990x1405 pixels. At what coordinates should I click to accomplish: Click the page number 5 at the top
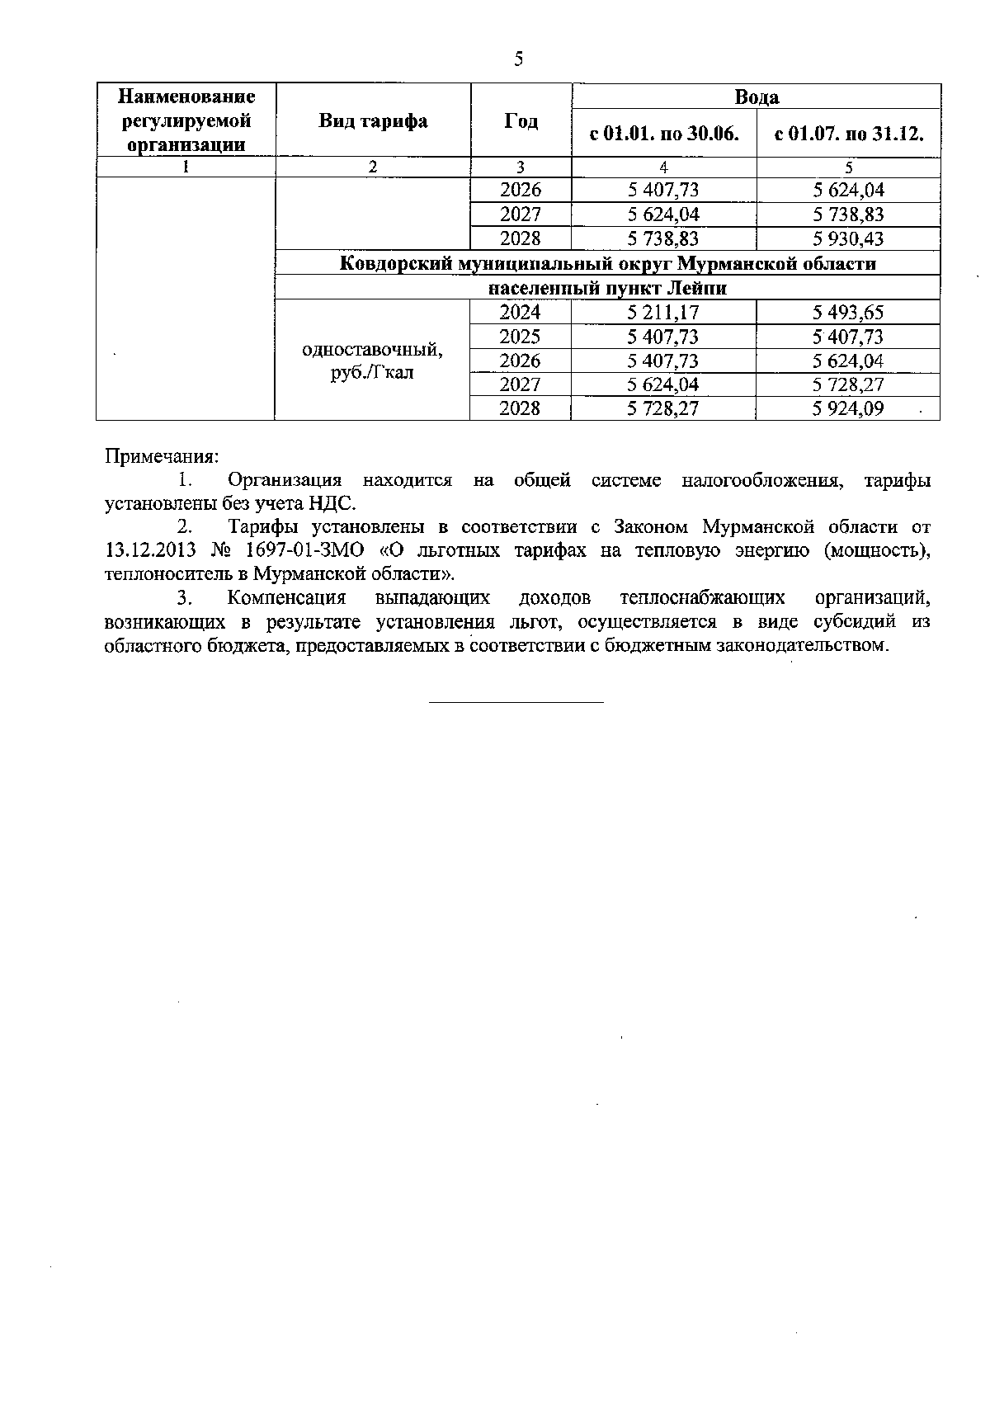[x=519, y=59]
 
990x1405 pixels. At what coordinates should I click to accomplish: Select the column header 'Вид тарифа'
[x=373, y=121]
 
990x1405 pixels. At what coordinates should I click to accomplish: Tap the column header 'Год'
[x=521, y=121]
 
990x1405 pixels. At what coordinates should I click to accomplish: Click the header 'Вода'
[x=757, y=97]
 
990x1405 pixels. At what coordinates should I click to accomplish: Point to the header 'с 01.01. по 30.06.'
[x=663, y=134]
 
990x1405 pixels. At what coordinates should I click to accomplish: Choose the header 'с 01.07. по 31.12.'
[x=848, y=134]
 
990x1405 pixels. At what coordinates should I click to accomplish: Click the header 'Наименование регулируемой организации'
[x=186, y=121]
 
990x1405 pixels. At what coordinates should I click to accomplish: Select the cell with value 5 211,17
[x=663, y=313]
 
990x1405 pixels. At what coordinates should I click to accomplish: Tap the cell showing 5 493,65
[x=848, y=313]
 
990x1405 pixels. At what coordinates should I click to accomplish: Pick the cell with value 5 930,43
[x=848, y=239]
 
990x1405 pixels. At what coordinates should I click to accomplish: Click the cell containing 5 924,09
[x=848, y=408]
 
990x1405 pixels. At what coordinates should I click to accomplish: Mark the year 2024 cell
[x=521, y=313]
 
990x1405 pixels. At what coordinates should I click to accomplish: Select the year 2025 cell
[x=521, y=337]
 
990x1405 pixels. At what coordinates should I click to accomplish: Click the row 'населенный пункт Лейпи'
[x=607, y=289]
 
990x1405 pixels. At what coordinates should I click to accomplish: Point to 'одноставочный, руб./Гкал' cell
[x=373, y=361]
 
